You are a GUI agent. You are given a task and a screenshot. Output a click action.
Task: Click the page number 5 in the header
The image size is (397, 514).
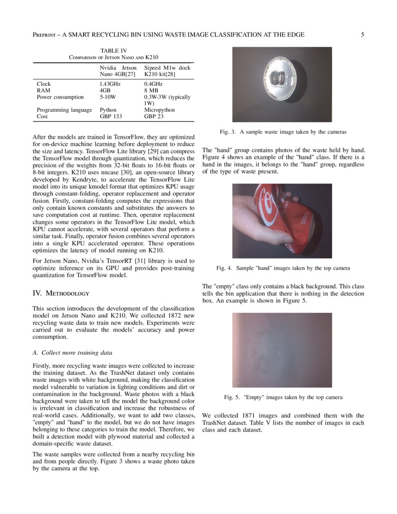click(362, 35)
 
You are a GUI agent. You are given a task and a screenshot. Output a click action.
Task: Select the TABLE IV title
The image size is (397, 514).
click(113, 50)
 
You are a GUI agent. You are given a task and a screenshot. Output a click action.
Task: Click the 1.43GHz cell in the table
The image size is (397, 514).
click(110, 84)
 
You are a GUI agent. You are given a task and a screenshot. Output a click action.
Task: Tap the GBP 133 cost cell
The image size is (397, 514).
click(111, 116)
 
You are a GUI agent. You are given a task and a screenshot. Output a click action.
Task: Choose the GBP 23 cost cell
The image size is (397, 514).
click(154, 116)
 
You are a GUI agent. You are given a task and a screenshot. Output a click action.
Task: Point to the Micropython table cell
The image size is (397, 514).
click(159, 110)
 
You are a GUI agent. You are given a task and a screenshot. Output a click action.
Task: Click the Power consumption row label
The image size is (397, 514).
click(60, 97)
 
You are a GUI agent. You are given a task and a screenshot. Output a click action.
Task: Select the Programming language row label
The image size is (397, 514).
click(64, 110)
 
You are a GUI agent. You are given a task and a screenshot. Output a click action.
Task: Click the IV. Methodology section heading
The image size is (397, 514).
click(61, 293)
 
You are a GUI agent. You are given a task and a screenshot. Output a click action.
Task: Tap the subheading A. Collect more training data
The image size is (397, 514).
click(72, 352)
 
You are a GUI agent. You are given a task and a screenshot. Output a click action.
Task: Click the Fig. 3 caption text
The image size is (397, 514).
click(283, 132)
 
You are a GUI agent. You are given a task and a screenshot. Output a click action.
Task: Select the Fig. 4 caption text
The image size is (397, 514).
click(283, 268)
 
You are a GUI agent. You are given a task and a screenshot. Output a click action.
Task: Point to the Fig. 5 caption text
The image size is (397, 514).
click(283, 397)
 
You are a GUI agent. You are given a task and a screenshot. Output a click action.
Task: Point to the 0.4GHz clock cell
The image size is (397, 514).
click(153, 84)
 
